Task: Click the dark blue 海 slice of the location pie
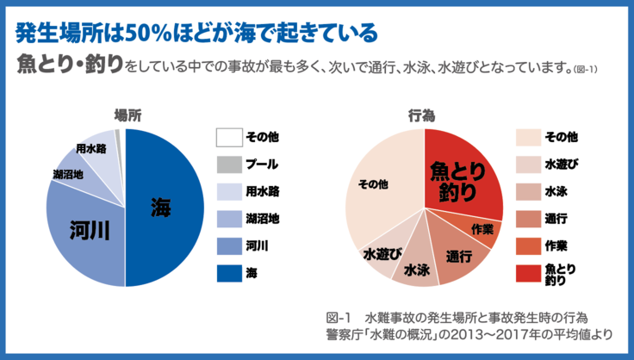pos(164,207)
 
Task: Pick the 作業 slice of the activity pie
pos(483,229)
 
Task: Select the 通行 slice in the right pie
pos(458,256)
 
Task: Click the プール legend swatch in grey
pos(227,164)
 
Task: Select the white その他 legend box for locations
pos(227,136)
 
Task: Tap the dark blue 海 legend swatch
pos(227,273)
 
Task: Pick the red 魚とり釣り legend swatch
pos(527,273)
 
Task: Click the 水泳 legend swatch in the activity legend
pos(527,191)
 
